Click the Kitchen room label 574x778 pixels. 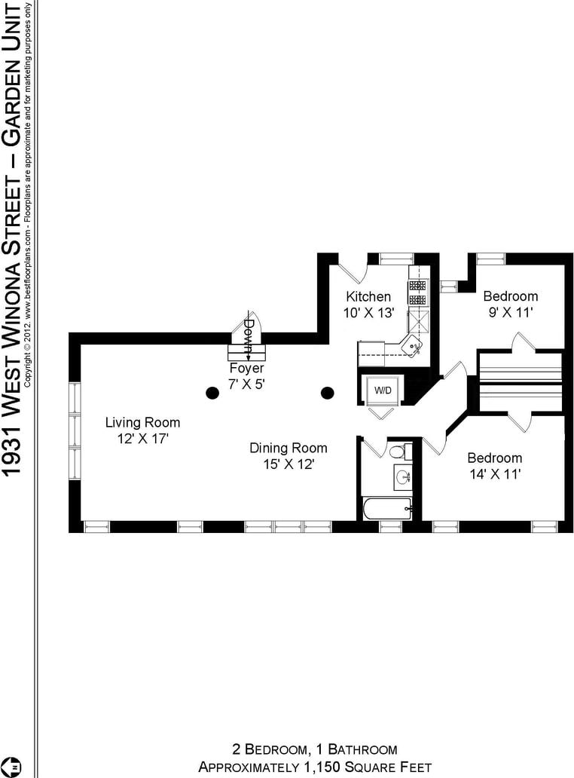tap(368, 297)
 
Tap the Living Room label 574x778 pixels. tap(143, 423)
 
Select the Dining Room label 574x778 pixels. tap(288, 448)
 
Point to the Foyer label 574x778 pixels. tap(246, 368)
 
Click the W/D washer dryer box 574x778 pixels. tap(383, 391)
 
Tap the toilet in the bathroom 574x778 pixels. tap(398, 452)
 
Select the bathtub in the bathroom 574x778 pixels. tap(387, 509)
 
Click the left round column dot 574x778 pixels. tap(212, 393)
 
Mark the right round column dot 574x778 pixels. tap(327, 393)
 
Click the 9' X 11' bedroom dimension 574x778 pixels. tap(511, 313)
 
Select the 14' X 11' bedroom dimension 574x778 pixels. tap(495, 474)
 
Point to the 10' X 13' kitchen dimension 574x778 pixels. tap(369, 313)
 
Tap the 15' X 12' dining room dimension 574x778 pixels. tap(289, 464)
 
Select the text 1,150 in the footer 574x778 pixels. tap(321, 767)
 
